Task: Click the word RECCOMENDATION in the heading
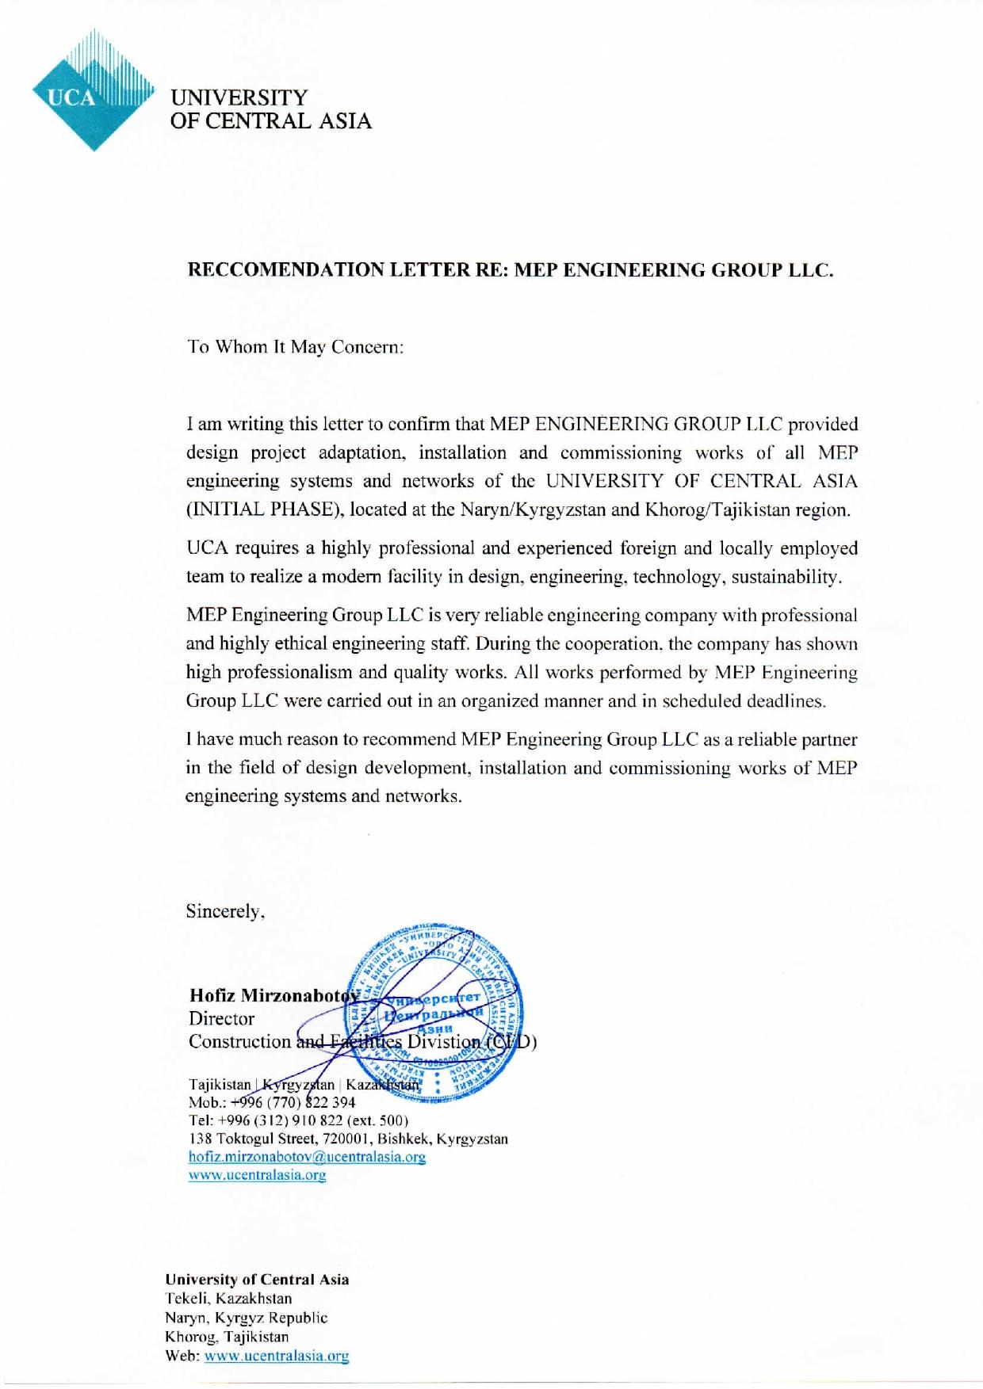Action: pos(287,270)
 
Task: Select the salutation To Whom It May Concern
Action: pos(295,347)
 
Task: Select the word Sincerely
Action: pos(224,911)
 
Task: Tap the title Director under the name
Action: pos(221,1019)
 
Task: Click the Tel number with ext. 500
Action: pos(298,1120)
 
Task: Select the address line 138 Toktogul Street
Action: pos(348,1139)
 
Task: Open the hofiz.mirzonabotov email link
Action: pos(307,1157)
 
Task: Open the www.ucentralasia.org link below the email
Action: pos(257,1175)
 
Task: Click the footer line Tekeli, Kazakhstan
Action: pos(228,1299)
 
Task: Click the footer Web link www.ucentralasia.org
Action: pos(277,1356)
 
